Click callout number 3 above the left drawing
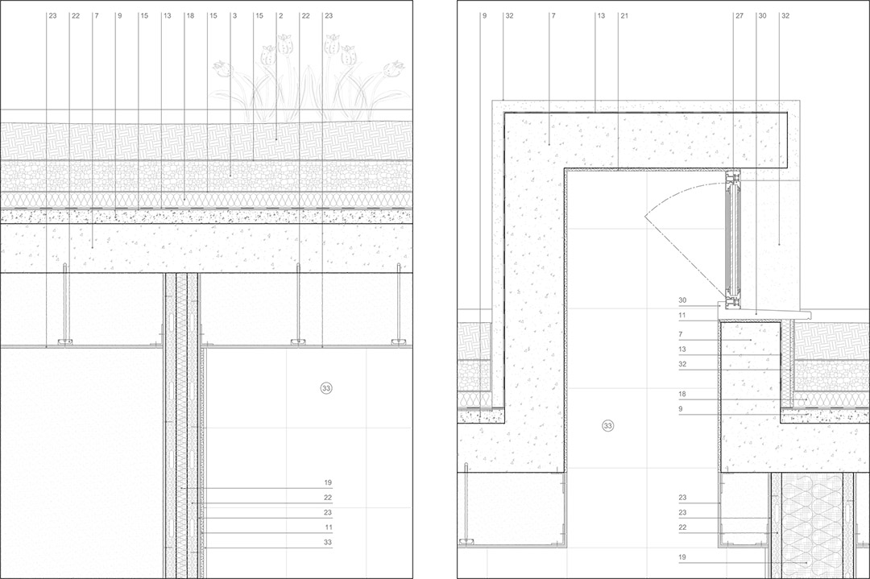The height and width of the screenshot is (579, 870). [234, 16]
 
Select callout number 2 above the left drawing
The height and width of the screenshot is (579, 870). [281, 16]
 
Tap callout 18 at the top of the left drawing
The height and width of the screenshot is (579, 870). [190, 16]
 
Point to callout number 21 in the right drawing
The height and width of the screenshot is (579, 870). [624, 16]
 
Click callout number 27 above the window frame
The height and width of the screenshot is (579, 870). [739, 16]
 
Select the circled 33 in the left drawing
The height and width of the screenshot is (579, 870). [326, 388]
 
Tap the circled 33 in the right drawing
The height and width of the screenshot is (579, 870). [608, 426]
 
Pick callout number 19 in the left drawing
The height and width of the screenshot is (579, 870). [328, 483]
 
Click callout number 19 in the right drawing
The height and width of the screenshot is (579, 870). [682, 557]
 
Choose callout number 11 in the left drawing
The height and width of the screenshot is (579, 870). [328, 527]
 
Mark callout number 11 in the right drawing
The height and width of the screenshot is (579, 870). [682, 316]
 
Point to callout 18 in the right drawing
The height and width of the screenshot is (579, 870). [682, 395]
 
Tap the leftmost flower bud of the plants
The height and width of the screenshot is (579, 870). [223, 68]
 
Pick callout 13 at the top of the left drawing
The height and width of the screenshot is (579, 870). [167, 16]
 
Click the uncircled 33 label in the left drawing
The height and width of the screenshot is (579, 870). [328, 543]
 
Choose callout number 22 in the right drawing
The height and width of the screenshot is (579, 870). [682, 527]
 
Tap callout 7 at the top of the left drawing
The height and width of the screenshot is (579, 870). [97, 16]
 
